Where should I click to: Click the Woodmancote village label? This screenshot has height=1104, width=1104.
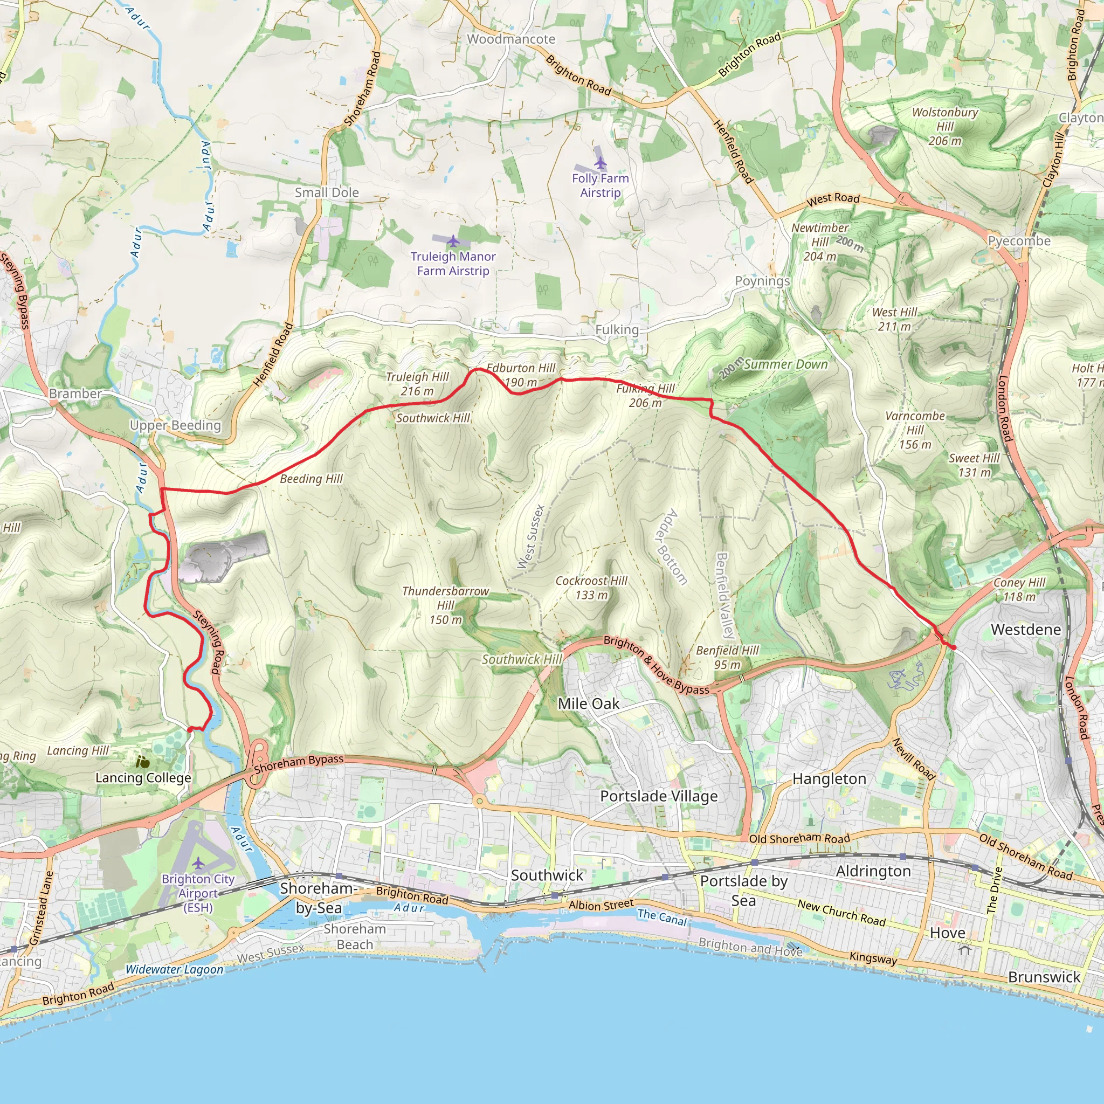tap(511, 39)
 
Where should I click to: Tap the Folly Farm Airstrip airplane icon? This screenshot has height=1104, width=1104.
tap(600, 164)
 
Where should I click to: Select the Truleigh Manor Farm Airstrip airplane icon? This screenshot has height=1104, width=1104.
tap(453, 240)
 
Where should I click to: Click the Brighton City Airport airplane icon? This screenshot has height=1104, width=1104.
tap(198, 863)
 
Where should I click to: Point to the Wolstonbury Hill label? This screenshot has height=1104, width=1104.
tap(944, 126)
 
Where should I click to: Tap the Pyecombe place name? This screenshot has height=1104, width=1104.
tap(1019, 241)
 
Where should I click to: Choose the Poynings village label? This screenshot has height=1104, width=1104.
tap(762, 281)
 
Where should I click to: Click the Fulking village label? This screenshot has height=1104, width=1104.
tap(617, 330)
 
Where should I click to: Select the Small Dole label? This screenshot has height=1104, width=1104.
tap(327, 192)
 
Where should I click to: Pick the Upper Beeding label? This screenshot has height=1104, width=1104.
tap(175, 425)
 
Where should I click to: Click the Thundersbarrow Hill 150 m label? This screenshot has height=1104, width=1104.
tap(446, 605)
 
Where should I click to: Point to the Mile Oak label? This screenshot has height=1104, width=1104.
tap(589, 703)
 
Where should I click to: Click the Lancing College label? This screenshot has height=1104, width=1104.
tap(143, 778)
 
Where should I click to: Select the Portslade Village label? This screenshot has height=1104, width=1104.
tap(659, 796)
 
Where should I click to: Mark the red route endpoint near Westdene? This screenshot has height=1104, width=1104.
tap(953, 647)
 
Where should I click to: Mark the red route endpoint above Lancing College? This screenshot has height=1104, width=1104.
tap(190, 729)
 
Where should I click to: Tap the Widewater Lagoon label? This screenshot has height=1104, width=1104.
tap(174, 969)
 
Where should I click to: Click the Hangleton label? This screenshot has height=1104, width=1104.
tap(829, 779)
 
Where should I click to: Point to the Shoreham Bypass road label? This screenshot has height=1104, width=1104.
tap(299, 763)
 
